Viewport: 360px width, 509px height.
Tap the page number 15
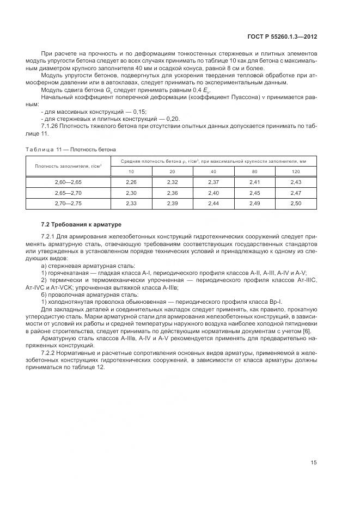314,463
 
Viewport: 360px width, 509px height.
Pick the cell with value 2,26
131,182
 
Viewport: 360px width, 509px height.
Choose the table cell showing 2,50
296,203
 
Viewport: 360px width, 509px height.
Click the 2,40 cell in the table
213,193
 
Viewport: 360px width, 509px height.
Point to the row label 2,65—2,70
68,193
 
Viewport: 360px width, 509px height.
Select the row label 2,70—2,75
68,203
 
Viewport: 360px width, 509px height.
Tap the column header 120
296,171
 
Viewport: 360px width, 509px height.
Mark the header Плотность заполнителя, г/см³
68,166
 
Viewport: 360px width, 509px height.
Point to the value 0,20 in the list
172,118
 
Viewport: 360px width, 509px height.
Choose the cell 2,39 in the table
173,203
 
